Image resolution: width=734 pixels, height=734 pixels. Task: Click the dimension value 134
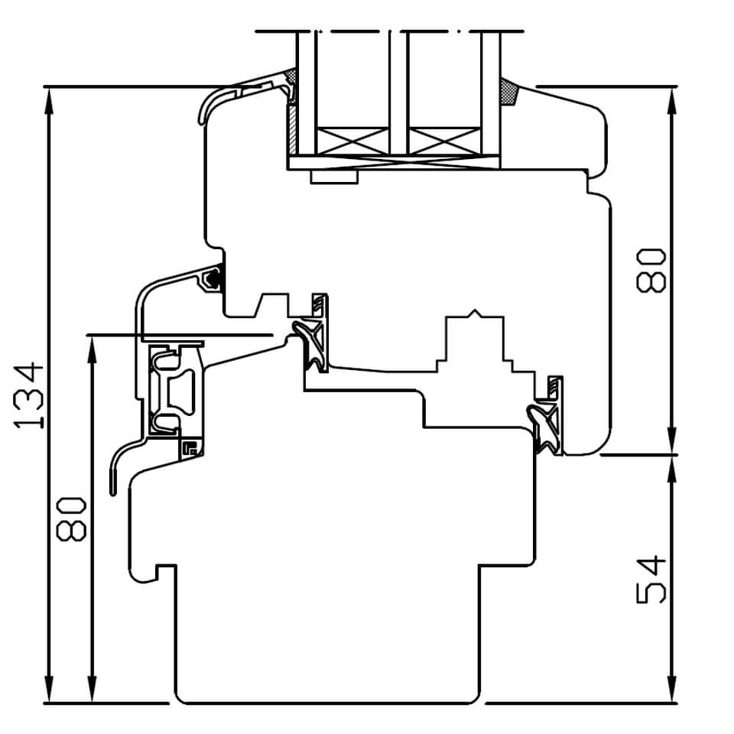[x=29, y=395]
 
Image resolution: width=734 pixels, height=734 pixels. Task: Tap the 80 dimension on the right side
[x=652, y=269]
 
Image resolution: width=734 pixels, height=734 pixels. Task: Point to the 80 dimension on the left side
[x=71, y=518]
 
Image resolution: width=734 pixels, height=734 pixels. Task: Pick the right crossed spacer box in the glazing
[x=444, y=141]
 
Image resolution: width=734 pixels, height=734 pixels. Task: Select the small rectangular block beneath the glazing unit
[x=334, y=177]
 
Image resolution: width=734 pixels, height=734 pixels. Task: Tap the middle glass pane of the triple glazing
[x=398, y=92]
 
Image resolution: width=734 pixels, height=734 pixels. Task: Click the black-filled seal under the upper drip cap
[x=215, y=277]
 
